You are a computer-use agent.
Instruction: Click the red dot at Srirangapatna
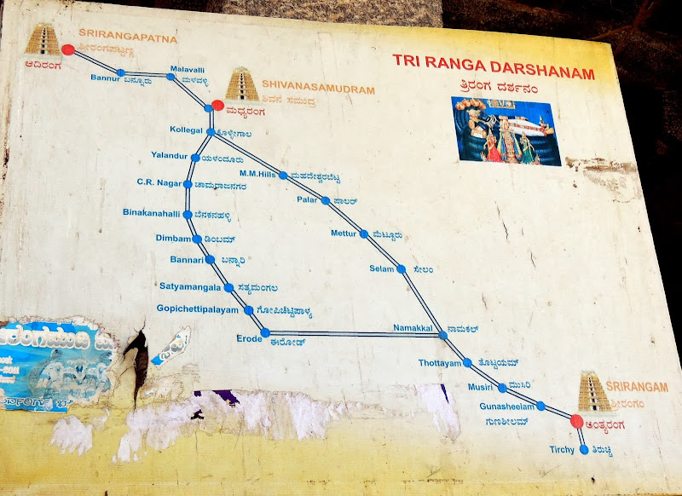68,49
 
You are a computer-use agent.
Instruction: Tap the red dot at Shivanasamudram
217,106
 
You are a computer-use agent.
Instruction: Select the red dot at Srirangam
576,420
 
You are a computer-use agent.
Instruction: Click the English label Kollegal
187,130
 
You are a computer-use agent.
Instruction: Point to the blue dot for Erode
265,332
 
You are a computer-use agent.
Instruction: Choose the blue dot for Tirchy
583,449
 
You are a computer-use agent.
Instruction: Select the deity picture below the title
506,130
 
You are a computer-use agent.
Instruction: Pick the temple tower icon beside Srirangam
593,391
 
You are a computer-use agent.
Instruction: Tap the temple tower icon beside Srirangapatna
42,40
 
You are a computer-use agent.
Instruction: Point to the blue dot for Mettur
364,234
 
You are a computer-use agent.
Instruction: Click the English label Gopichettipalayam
198,309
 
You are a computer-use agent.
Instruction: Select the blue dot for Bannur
120,72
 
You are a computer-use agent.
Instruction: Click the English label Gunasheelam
506,407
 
